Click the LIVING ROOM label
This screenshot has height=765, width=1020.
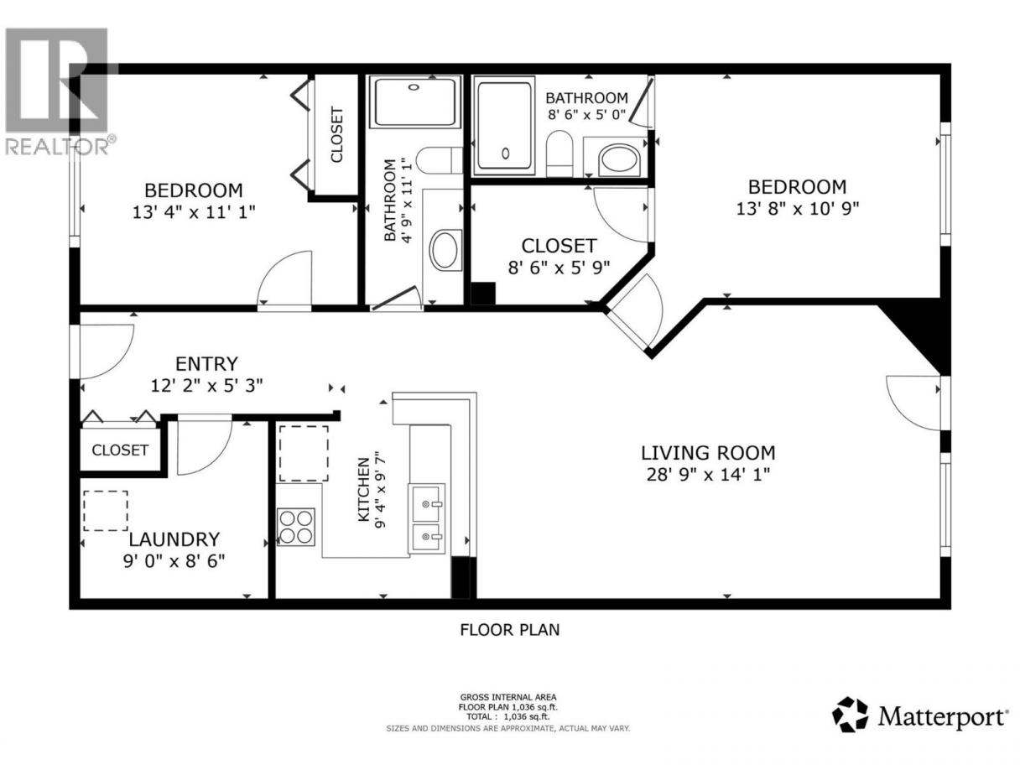(708, 453)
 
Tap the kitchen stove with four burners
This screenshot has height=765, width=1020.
(295, 527)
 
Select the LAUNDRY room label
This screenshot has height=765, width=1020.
(174, 539)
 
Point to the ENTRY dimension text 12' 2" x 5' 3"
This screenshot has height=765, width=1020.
(206, 386)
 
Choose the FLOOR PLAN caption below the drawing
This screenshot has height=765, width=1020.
(510, 630)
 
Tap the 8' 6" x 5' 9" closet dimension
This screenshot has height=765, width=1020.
(559, 268)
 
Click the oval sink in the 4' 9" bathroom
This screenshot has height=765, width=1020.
(445, 249)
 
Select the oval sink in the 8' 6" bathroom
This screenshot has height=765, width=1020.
(619, 159)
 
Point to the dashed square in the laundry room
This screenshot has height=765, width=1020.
(106, 511)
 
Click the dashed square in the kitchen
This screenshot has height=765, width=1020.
(304, 453)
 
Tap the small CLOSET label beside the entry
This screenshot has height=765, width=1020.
(120, 450)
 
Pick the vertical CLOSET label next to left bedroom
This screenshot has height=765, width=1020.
(336, 135)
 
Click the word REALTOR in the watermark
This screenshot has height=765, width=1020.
(56, 147)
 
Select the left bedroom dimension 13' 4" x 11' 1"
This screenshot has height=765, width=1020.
(194, 212)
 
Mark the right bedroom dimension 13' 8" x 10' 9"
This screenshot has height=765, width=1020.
(797, 209)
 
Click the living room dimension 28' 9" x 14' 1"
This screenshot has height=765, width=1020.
(708, 475)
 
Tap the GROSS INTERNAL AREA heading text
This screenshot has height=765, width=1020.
(508, 697)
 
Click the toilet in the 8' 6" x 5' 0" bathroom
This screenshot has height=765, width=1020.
(559, 154)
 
